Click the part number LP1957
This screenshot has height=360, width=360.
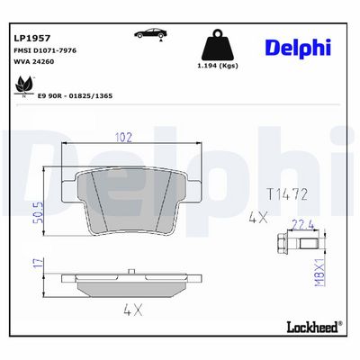32,38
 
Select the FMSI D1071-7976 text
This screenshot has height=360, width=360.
45,50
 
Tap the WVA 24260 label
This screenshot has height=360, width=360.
34,62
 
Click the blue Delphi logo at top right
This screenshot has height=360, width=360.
298,48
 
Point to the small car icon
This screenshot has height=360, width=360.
150,33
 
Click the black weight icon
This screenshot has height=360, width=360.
218,45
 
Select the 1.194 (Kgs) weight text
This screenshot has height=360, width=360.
218,66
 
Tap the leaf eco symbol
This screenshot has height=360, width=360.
24,85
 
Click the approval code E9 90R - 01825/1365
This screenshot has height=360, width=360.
75,96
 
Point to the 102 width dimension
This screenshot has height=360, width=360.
123,138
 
